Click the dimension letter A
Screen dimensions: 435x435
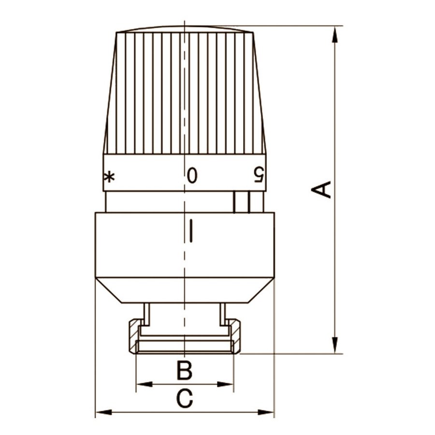[x=320, y=189]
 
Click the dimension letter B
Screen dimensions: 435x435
[x=184, y=371]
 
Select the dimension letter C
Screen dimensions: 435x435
[x=184, y=399]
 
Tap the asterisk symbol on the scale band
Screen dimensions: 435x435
[x=110, y=177]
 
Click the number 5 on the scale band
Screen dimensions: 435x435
[x=259, y=175]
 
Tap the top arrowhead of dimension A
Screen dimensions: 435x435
[x=334, y=34]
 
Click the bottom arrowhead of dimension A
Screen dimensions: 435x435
[x=334, y=345]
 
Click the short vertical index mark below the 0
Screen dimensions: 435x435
[x=192, y=230]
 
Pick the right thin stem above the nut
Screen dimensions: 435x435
[x=223, y=314]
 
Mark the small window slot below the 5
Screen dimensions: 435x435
[x=241, y=202]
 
